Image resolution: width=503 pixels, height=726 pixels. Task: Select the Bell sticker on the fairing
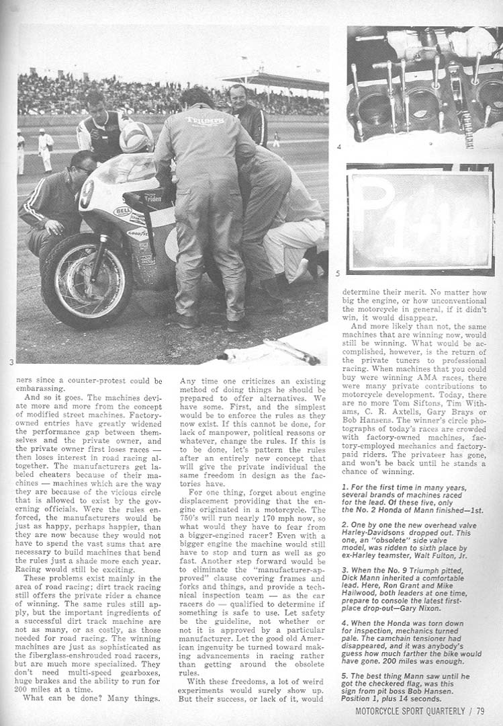point(121,210)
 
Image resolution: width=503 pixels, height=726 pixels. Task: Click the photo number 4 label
point(339,146)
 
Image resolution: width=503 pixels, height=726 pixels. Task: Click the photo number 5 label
point(338,273)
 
